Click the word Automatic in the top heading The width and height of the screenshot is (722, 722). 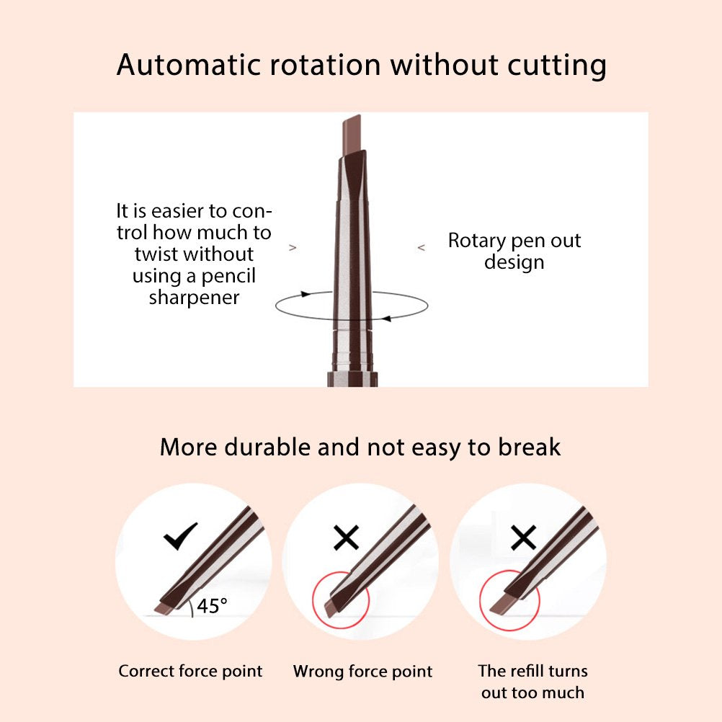click(x=189, y=64)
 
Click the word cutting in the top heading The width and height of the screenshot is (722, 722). click(x=557, y=66)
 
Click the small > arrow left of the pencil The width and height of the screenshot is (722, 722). click(x=293, y=248)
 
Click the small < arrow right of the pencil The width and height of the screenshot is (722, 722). click(x=421, y=248)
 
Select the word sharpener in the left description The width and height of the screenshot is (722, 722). click(x=194, y=298)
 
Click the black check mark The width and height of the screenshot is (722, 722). click(x=180, y=536)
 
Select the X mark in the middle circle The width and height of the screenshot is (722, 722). click(x=346, y=538)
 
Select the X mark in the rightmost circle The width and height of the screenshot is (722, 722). click(x=524, y=538)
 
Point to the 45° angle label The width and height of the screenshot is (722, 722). click(x=212, y=606)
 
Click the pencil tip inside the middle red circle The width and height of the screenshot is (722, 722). click(x=332, y=607)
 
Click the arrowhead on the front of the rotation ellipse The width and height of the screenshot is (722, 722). click(x=387, y=318)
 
